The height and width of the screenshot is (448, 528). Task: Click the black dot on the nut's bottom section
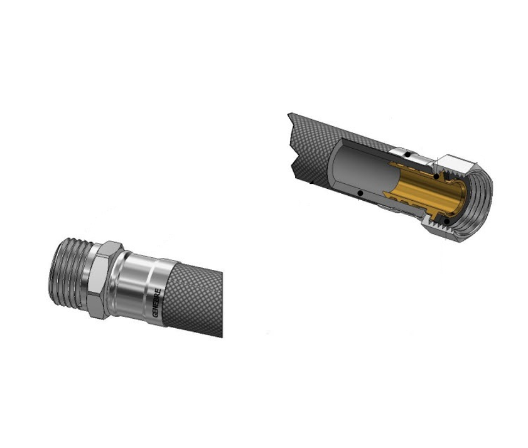(446, 221)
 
